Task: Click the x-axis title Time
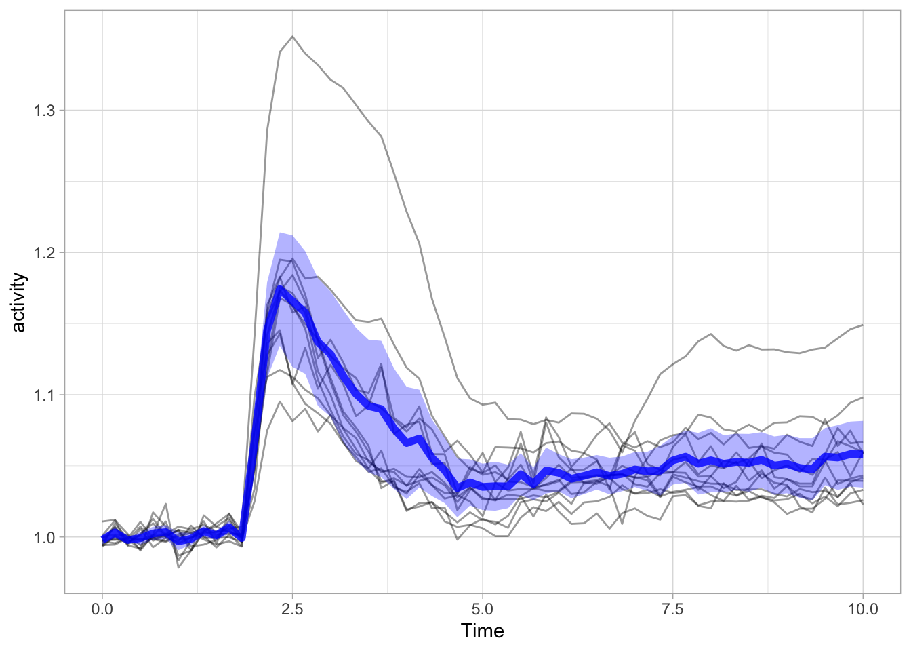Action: point(482,631)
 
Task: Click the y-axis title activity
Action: point(18,302)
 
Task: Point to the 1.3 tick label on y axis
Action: point(44,110)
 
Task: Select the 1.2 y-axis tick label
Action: point(44,252)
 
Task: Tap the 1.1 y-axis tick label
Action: point(44,395)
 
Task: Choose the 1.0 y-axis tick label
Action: point(44,537)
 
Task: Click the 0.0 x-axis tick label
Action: point(102,609)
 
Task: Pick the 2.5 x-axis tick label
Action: point(292,609)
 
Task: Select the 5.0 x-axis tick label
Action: point(482,609)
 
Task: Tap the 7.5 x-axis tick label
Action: point(672,609)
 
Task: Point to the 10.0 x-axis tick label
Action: point(862,609)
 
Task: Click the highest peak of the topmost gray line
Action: point(292,37)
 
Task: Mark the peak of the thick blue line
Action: point(280,290)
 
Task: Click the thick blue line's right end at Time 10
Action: point(862,453)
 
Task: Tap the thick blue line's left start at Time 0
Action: point(103,538)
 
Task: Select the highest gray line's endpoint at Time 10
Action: point(862,325)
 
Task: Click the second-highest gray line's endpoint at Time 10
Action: point(862,397)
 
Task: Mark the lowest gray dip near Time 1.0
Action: point(178,567)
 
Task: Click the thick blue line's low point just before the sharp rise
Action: point(241,539)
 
